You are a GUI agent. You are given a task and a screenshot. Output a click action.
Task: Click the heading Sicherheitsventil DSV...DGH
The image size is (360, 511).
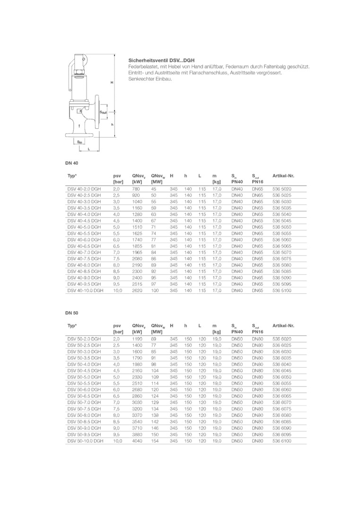click(x=162, y=61)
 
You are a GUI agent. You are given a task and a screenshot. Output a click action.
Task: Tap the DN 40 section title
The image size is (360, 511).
click(x=72, y=163)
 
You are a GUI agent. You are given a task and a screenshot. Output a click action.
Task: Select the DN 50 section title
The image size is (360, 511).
click(x=72, y=313)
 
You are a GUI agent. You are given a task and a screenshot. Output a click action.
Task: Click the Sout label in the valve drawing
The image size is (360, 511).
click(x=103, y=112)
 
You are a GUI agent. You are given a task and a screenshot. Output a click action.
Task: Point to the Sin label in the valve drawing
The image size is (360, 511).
click(x=79, y=142)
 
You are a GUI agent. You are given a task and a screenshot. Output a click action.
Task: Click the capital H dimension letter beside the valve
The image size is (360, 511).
click(x=112, y=83)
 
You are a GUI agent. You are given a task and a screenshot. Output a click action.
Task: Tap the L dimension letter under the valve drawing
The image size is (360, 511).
click(x=88, y=149)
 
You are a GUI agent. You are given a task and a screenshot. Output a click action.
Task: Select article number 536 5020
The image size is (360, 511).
click(x=282, y=189)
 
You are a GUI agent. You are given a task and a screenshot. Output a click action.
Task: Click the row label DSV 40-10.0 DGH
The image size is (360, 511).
click(x=85, y=291)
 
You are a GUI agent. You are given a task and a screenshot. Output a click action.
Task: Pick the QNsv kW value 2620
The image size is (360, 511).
click(x=137, y=291)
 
